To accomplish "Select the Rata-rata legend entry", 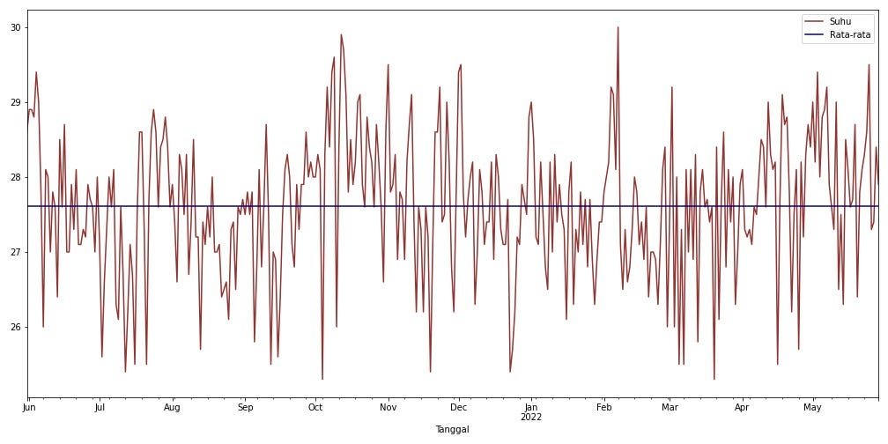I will tap(838, 34).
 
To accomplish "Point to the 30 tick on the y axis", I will tap(15, 27).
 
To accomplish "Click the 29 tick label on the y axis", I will tap(15, 102).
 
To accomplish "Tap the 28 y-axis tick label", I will tap(15, 177).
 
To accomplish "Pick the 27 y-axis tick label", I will tap(15, 252).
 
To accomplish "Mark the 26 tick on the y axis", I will tap(15, 327).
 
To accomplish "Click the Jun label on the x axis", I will tap(28, 407).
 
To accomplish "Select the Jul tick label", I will tap(100, 407).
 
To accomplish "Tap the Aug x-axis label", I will tap(173, 407).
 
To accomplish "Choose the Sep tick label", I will tap(246, 407).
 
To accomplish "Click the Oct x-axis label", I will tap(315, 407).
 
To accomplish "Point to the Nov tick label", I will tap(388, 407).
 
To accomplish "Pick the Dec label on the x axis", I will tap(458, 407).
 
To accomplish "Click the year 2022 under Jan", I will tap(530, 418).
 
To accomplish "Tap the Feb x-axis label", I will tap(603, 407).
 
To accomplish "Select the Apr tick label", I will tap(743, 407).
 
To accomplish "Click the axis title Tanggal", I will tap(453, 430).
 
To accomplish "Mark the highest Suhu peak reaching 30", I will tap(618, 28).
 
